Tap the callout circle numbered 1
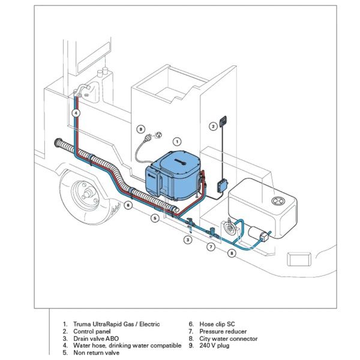point(176,141)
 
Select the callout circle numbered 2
point(213,126)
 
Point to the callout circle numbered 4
point(76,112)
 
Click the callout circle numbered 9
point(140,128)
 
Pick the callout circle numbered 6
point(127,205)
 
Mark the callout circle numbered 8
point(232,253)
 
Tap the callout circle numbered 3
point(188,239)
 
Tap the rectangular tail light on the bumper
point(299,259)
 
